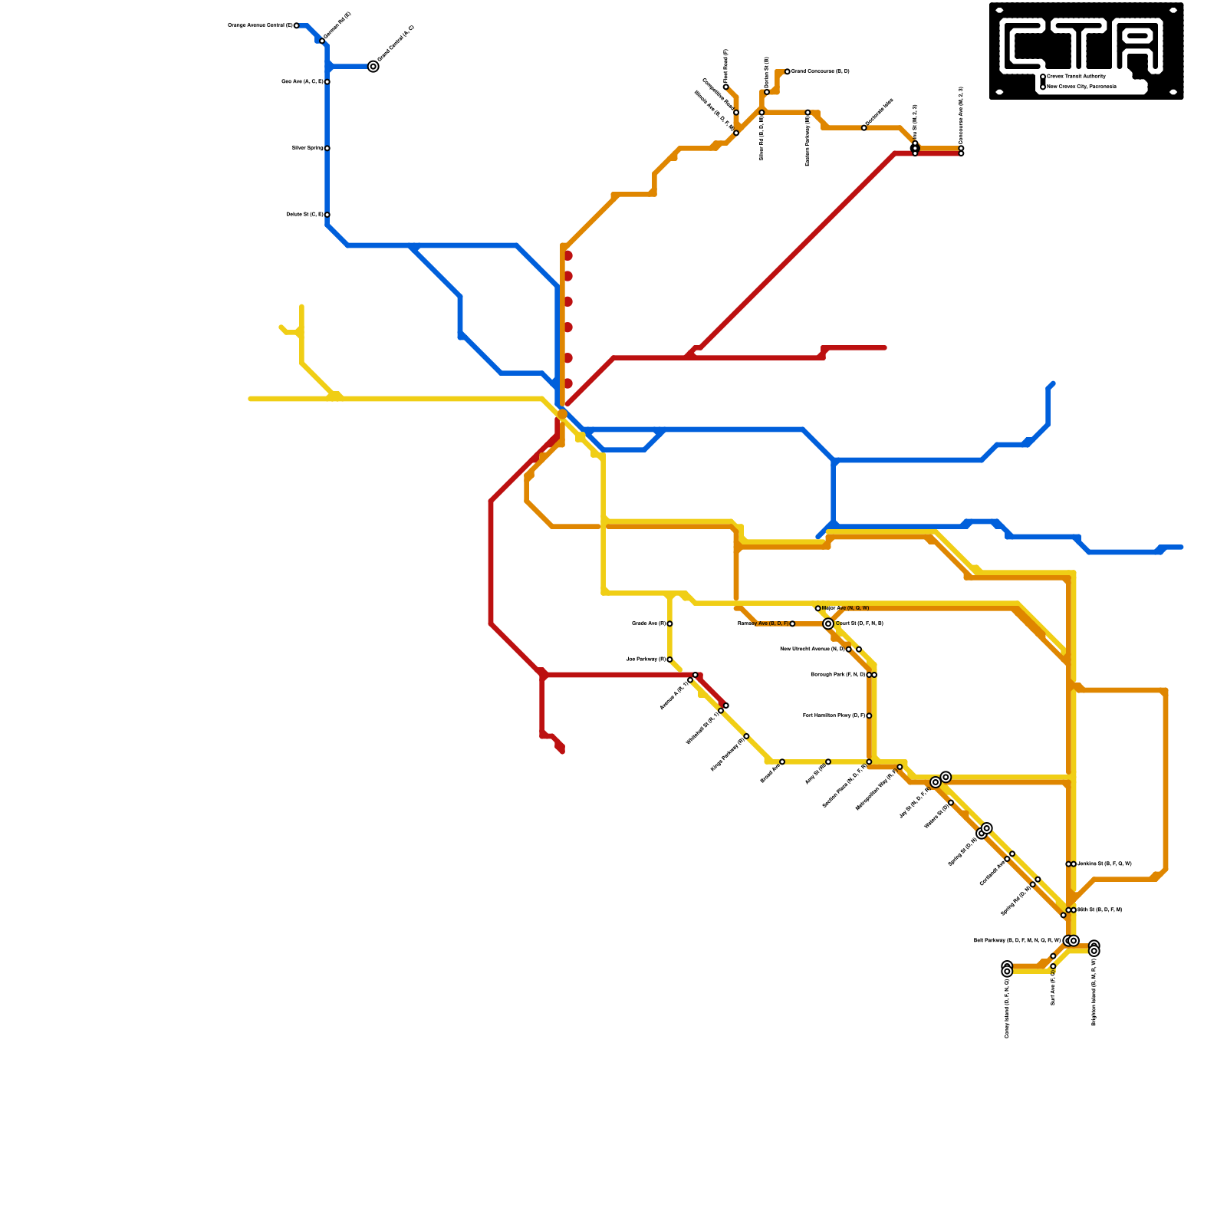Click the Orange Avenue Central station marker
[297, 26]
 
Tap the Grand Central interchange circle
[373, 67]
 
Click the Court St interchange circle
[828, 624]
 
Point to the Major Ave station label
[846, 608]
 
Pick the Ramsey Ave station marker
[792, 624]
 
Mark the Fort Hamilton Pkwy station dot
[869, 716]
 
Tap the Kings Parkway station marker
[746, 736]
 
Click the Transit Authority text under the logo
[1077, 77]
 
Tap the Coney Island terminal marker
[1007, 970]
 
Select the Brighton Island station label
[1094, 992]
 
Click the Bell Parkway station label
[1017, 941]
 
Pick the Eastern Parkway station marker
[808, 113]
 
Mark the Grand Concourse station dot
[788, 72]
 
